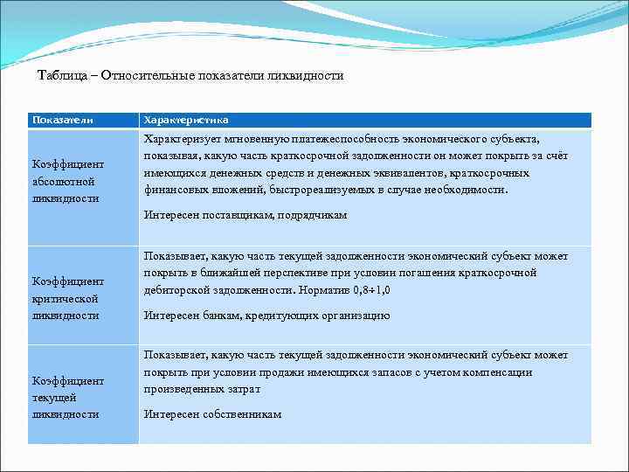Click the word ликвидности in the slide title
[x=310, y=76]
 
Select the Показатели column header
[x=62, y=119]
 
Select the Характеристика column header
[x=186, y=119]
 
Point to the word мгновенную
[x=248, y=139]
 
